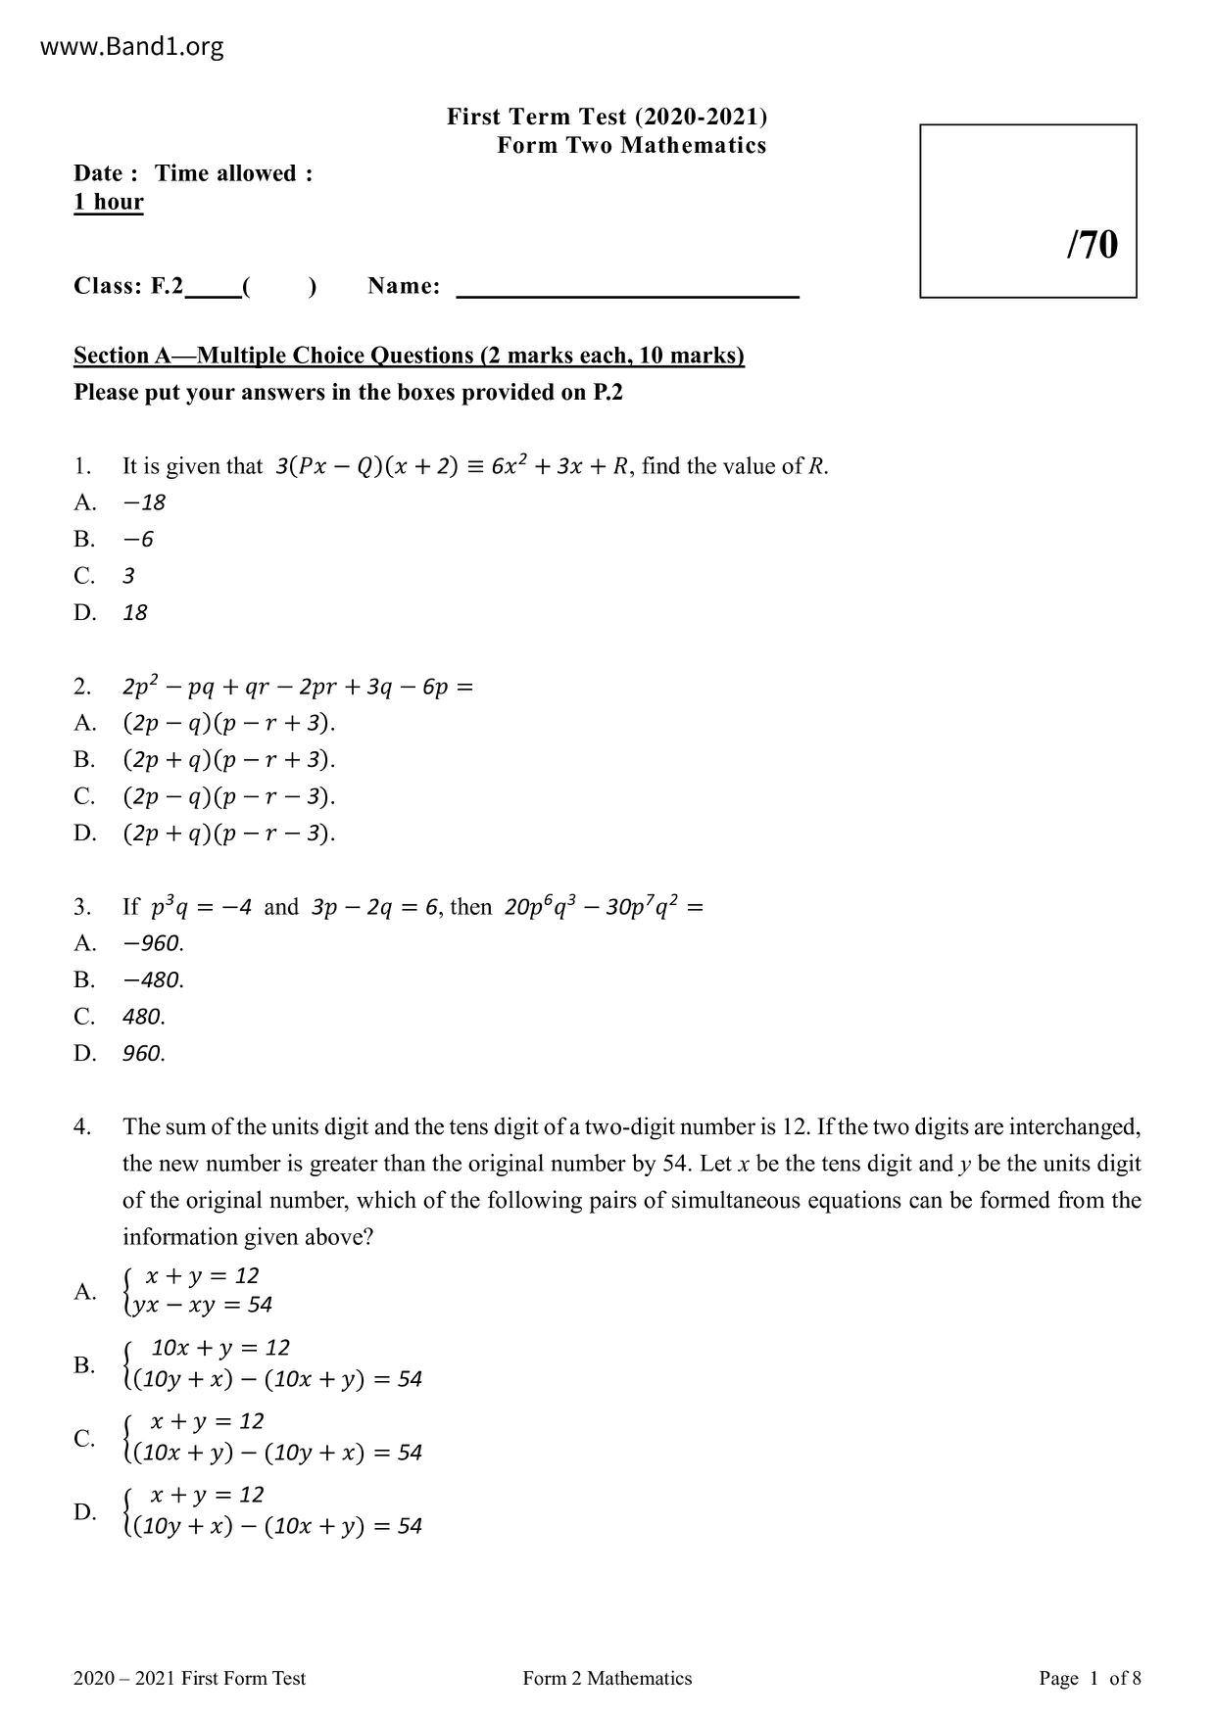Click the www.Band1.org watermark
132,46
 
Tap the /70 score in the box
1092,245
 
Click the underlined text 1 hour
109,203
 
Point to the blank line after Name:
627,290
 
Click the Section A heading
409,356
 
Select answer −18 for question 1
144,502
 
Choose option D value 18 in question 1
135,613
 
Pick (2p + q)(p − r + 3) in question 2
229,760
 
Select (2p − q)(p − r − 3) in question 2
229,796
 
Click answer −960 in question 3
153,943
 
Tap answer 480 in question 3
144,1017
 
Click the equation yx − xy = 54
204,1305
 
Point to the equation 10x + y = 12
220,1348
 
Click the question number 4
82,1127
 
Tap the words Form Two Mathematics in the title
631,146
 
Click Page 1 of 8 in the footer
1090,1678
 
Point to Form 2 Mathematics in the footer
607,1678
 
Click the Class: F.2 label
128,286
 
